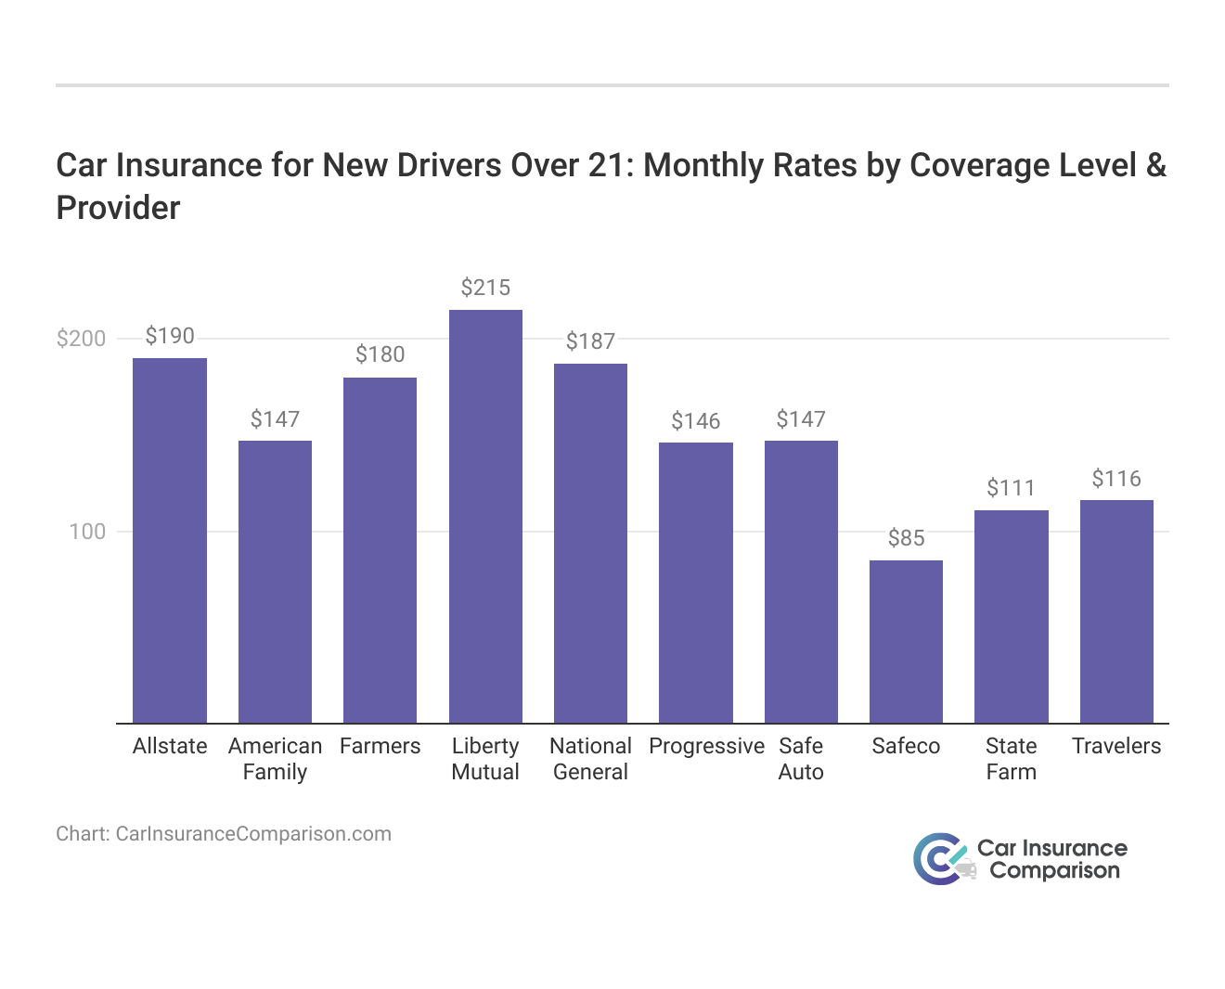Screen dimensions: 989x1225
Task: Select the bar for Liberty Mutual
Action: coord(485,516)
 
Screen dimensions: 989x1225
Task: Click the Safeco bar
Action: coord(906,641)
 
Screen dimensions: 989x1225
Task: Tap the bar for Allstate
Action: coord(170,540)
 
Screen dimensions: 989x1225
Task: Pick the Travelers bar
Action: coord(1116,611)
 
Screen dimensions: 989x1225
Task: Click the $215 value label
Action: coord(485,288)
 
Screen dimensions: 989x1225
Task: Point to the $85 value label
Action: coord(906,538)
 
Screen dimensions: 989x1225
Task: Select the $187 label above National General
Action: coord(590,341)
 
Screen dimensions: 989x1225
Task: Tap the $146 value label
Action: coord(696,421)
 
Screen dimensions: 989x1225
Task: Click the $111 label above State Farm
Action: coord(1011,488)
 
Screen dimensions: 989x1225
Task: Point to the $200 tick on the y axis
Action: coord(82,339)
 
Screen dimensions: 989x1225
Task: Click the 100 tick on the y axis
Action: coord(87,532)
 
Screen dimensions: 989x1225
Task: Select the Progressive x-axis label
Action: coord(706,746)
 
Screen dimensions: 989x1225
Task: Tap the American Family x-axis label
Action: coord(275,759)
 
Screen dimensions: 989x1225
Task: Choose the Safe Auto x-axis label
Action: coord(801,759)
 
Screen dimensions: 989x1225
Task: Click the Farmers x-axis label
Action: coord(380,746)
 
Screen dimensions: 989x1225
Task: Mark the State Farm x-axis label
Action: coord(1011,759)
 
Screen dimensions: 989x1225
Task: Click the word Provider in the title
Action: coord(118,208)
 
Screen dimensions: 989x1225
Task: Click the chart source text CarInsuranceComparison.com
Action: coord(252,833)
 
